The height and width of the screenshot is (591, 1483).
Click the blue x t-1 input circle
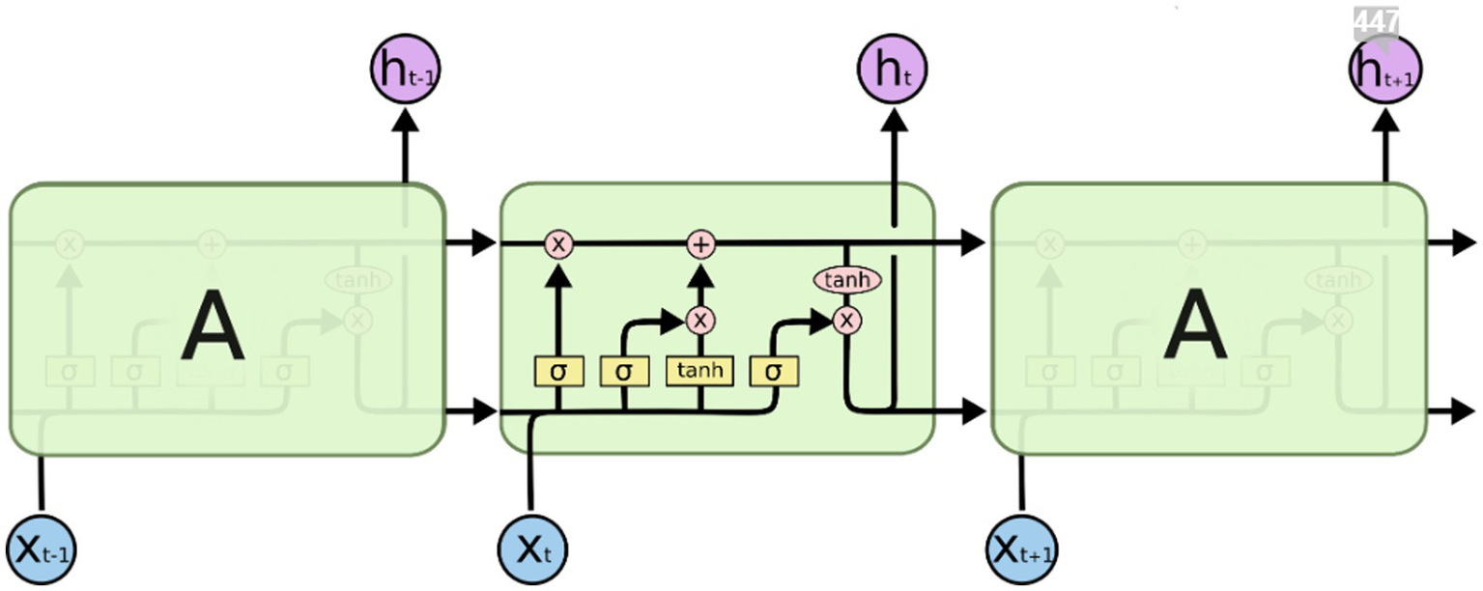coord(41,549)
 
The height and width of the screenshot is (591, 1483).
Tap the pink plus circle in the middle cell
coord(701,244)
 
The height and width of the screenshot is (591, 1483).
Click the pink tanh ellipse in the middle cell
coord(847,280)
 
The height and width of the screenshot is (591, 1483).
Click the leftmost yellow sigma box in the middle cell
coord(557,370)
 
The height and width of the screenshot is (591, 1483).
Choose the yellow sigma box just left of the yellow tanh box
coord(624,370)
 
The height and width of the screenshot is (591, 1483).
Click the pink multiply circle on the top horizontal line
coord(557,244)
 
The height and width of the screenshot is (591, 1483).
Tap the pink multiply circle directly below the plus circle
coord(701,320)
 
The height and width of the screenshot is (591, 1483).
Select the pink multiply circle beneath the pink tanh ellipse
coord(847,319)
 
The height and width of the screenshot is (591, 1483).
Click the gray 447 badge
coord(1375,22)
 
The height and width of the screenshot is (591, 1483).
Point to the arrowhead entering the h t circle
coord(892,120)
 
